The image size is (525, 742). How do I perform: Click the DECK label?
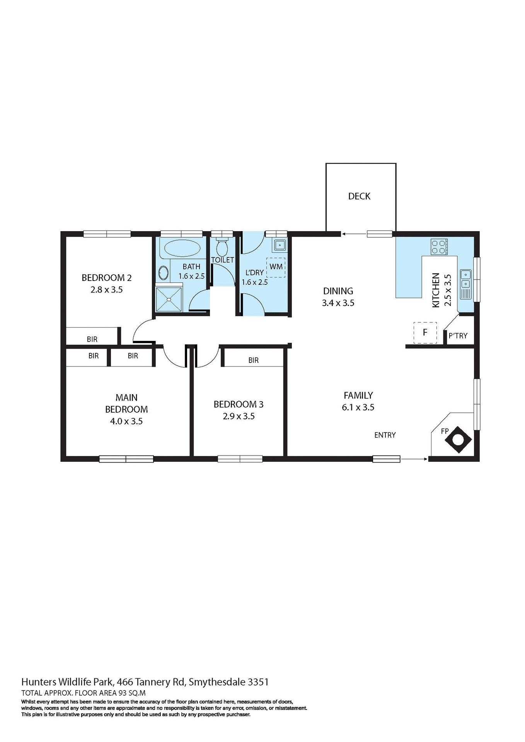(x=359, y=196)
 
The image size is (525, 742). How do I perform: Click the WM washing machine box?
(x=276, y=267)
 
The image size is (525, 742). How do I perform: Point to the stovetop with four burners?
(x=439, y=247)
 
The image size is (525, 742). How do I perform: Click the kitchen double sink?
(x=465, y=284)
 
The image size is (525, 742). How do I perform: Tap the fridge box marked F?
(x=425, y=332)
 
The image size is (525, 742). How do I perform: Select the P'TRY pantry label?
(x=458, y=336)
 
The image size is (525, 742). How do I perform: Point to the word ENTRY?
(x=385, y=435)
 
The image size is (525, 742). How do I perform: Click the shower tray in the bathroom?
(x=169, y=299)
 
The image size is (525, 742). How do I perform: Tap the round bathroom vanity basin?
(x=164, y=274)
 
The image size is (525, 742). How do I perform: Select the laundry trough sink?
(x=279, y=245)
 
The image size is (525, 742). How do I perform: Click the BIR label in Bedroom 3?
(x=254, y=360)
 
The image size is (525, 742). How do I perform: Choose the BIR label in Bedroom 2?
(x=92, y=339)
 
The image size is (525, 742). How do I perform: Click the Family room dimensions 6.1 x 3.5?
(x=358, y=407)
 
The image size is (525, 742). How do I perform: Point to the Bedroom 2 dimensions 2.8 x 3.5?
(x=107, y=290)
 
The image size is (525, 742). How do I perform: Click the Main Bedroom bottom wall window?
(x=126, y=459)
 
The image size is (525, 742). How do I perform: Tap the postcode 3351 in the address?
(x=258, y=682)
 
